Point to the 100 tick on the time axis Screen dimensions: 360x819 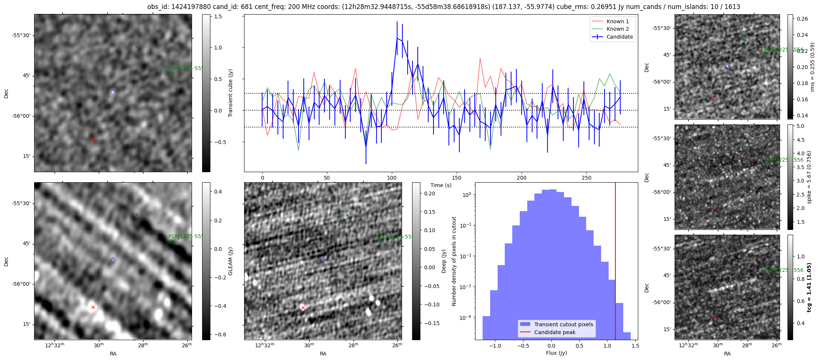[392, 178]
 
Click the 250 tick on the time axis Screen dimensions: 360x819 [586, 178]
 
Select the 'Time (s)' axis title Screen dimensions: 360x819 [441, 185]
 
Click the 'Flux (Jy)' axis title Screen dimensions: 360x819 [556, 353]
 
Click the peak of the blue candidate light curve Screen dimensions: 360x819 [397, 38]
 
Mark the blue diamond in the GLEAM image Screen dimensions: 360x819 [113, 260]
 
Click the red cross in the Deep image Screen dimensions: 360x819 [303, 308]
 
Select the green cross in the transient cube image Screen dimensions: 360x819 [136, 47]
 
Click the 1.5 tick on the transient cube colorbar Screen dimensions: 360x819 [218, 17]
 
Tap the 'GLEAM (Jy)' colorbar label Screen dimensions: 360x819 [230, 261]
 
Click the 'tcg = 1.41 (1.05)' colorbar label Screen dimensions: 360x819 [809, 287]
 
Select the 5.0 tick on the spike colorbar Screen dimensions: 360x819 [801, 126]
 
